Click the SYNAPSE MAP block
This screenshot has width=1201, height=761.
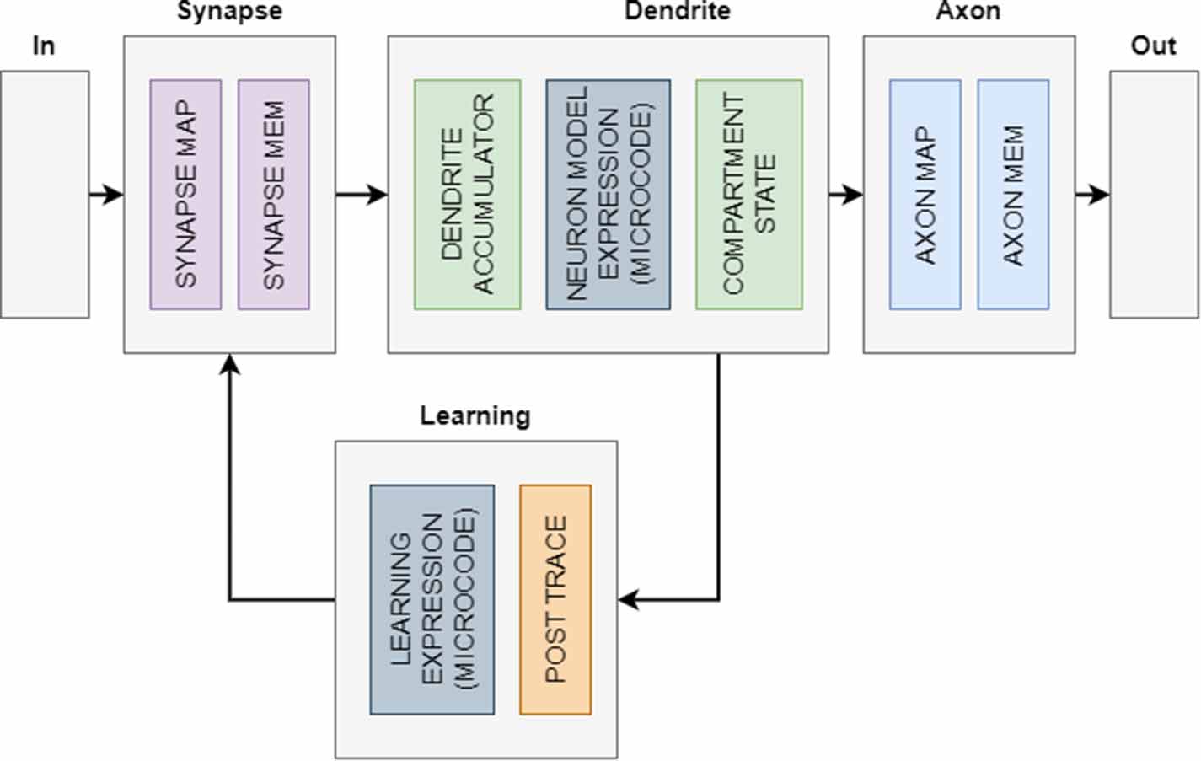coord(185,195)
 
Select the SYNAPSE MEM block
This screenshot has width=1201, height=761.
coord(273,195)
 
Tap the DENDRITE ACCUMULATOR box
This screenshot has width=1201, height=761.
coord(467,195)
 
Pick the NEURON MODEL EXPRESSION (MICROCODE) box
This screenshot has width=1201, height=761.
coord(608,195)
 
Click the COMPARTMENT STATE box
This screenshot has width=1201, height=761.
coord(748,195)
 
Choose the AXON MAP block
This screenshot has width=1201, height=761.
coord(925,195)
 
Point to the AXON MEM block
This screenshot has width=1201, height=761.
coord(1013,195)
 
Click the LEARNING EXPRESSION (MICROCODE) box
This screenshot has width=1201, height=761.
coord(432,599)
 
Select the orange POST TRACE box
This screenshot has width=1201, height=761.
coord(555,599)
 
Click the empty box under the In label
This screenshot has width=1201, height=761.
coord(45,195)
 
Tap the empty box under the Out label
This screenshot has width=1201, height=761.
coord(1153,195)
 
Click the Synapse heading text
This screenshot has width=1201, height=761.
coord(229,11)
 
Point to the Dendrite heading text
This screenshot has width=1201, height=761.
coord(677,11)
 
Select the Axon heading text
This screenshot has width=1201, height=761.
coord(968,11)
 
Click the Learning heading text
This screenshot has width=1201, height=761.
coord(475,415)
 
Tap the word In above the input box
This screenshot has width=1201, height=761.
coord(43,46)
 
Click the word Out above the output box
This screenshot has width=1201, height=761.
coord(1153,46)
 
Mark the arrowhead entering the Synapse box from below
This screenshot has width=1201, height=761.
coord(229,362)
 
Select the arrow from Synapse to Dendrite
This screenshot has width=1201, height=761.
coord(361,195)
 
